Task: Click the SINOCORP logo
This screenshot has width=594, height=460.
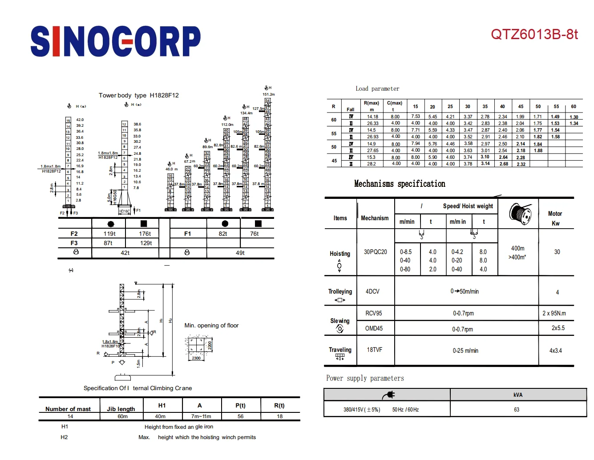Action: [115, 41]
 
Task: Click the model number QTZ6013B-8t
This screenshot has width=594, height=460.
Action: [534, 34]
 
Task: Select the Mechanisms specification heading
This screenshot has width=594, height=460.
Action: [399, 184]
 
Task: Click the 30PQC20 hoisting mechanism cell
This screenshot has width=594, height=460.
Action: [375, 252]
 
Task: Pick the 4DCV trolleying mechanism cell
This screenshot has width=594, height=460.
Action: [372, 291]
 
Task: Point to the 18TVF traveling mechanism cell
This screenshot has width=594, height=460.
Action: [374, 350]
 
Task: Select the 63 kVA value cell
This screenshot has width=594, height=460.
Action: [517, 409]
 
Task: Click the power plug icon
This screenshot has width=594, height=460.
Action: [388, 395]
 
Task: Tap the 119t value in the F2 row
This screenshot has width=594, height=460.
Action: [109, 234]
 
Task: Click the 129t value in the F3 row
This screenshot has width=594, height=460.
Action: [146, 243]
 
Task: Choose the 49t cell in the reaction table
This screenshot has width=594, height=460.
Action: [240, 253]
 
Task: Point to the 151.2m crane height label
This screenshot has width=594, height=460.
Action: [269, 94]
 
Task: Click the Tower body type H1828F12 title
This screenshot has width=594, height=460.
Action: [138, 95]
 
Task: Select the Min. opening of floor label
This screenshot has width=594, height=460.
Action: [211, 325]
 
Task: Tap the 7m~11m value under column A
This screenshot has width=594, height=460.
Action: [201, 416]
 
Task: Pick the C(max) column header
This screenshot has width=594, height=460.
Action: [394, 103]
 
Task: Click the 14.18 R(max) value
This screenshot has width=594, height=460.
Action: [372, 117]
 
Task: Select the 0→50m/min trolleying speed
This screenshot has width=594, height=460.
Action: [465, 291]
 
